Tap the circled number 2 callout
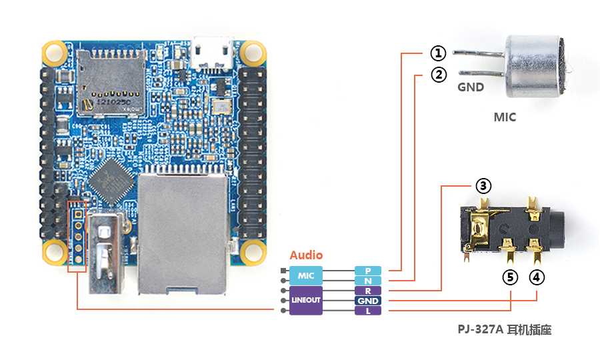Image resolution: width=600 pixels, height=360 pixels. [x=438, y=75]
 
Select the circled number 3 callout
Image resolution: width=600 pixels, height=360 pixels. [x=484, y=186]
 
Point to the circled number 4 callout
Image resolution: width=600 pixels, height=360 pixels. [x=537, y=277]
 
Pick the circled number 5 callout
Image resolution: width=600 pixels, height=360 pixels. [x=510, y=277]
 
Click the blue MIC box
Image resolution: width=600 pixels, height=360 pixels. [x=305, y=275]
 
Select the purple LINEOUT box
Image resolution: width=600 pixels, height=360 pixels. [x=305, y=300]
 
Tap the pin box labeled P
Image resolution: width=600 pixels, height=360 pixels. [x=367, y=271]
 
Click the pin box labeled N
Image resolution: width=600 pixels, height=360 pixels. [x=367, y=281]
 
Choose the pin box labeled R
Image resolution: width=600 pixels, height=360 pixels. [x=367, y=291]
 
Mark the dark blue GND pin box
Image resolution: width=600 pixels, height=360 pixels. [x=367, y=301]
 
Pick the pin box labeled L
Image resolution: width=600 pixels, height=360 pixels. [x=367, y=311]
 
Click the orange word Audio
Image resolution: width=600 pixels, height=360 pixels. [x=306, y=255]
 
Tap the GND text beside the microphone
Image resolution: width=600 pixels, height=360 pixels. [x=470, y=87]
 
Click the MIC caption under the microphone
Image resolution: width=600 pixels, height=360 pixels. [x=505, y=117]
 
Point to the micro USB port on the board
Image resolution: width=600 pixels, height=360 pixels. [x=212, y=52]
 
